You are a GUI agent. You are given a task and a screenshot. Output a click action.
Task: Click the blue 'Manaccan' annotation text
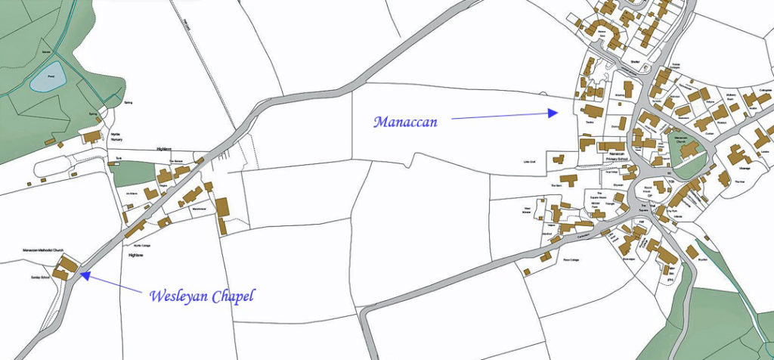(x=411, y=120)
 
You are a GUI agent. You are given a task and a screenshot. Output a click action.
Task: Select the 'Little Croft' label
(x=529, y=162)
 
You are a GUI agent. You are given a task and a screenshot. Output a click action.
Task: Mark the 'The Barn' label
(x=556, y=185)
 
